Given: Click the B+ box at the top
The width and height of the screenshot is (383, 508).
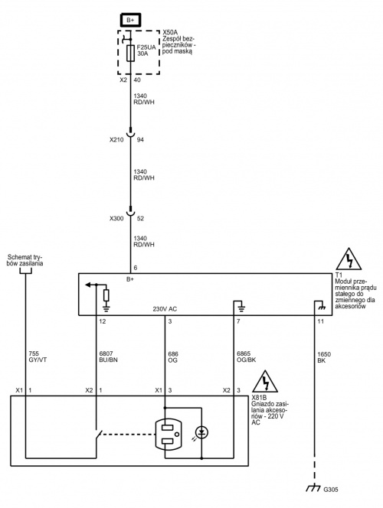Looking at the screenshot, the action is tap(130, 20).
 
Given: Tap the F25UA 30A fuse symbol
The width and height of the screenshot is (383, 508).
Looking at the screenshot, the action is tap(130, 54).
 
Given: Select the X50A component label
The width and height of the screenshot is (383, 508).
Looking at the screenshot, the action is tap(170, 33).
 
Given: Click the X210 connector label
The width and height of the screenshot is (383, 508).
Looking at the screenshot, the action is tap(116, 140).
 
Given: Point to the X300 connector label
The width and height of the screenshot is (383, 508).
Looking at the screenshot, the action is tap(116, 219).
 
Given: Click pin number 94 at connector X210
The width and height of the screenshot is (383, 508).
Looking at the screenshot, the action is tap(140, 140).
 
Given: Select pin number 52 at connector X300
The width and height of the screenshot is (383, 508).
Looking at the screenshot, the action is tap(140, 219).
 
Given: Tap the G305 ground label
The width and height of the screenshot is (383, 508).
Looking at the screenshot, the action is tap(330, 490).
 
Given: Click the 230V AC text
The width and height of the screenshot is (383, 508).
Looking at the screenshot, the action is tap(165, 309).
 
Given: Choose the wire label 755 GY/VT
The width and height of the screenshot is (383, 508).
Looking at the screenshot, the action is tap(38, 357).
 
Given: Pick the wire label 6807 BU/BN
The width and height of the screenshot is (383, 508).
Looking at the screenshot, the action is tap(108, 357).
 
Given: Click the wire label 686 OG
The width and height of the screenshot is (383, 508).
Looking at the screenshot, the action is tap(173, 357).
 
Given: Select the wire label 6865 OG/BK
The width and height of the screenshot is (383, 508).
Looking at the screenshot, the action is tap(247, 357).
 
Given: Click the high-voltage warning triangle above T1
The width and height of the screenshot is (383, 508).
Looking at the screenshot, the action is tap(349, 259).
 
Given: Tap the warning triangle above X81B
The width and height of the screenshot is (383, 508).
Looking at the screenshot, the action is tap(265, 381).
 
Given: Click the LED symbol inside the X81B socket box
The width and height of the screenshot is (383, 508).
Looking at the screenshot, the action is tap(201, 432).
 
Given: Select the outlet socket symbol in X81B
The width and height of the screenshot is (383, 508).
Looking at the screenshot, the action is tap(168, 434).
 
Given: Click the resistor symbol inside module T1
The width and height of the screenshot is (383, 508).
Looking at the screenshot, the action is tap(106, 296).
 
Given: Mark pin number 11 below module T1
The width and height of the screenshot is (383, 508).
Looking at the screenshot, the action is tap(320, 322).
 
